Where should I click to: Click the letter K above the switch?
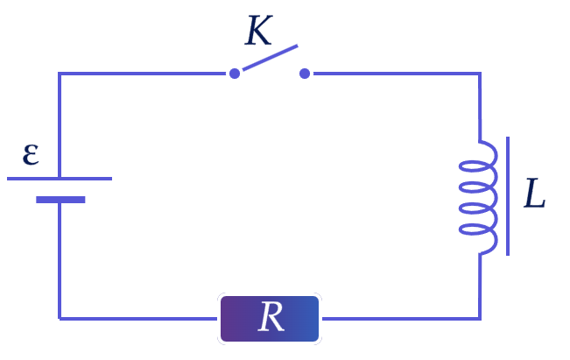coord(258,31)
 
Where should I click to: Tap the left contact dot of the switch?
coord(235,74)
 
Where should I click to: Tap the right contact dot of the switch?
coord(305,74)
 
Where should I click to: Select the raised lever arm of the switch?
coord(270,58)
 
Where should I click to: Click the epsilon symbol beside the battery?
coord(31,154)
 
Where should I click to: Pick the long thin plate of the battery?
coord(60,179)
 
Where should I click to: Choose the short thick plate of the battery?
coord(60,200)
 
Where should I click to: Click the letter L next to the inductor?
coord(534,193)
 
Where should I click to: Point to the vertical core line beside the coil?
coord(508,196)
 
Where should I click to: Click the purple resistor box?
coord(270,319)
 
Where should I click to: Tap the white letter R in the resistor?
coord(271,317)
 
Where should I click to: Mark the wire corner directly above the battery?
coord(60,74)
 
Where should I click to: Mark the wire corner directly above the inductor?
coord(480,74)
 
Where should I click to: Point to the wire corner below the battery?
coord(60,319)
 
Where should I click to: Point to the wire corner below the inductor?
coord(480,319)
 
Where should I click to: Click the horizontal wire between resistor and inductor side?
coord(401,319)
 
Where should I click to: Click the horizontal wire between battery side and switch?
coord(142,74)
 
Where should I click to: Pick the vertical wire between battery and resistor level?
coord(60,261)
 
